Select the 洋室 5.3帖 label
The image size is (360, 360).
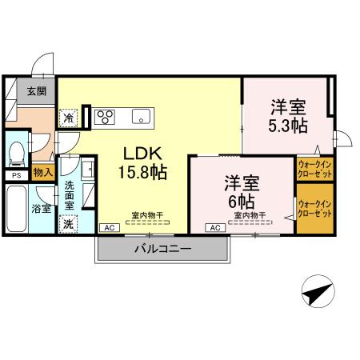point(286,116)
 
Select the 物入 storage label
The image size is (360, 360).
point(43,172)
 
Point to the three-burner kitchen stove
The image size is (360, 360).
point(106,118)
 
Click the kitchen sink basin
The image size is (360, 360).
point(141,117)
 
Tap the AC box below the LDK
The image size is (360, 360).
point(108,228)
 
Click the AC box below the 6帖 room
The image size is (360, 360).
point(214,228)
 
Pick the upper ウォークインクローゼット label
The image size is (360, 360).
point(314,169)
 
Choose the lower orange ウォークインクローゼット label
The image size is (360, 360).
point(314,210)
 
